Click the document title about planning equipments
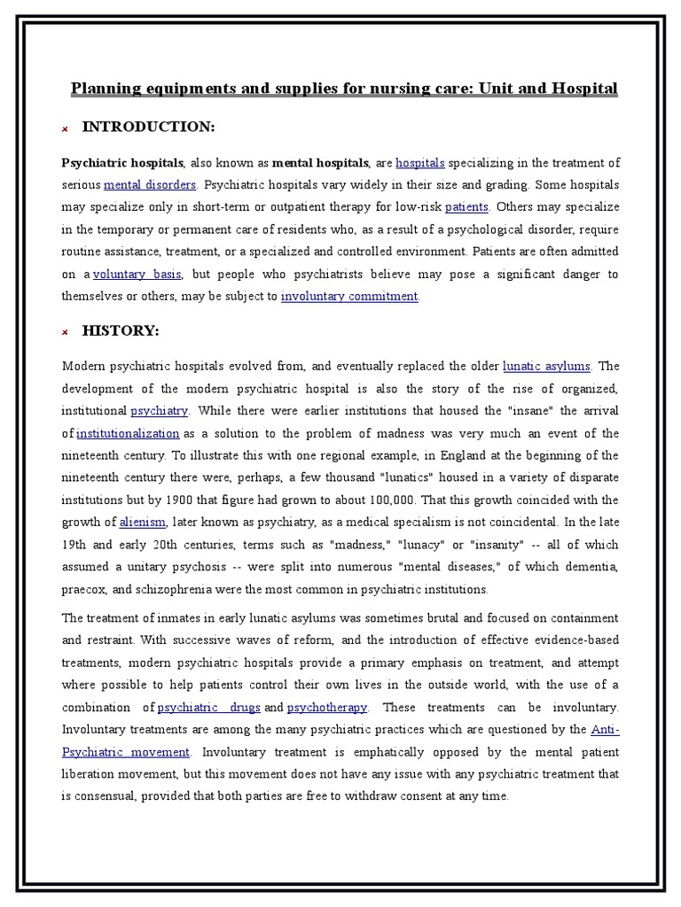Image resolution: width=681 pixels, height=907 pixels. (344, 89)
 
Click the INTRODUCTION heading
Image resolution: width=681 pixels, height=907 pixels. (148, 128)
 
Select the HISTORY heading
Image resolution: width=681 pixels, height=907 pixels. (121, 330)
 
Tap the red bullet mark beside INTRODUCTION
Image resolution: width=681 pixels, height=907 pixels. (65, 129)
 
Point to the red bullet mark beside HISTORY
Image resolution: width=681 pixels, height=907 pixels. (65, 332)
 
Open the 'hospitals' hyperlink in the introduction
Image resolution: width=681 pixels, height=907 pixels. (420, 163)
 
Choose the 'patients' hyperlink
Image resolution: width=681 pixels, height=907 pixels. (466, 207)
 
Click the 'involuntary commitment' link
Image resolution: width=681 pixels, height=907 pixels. (348, 297)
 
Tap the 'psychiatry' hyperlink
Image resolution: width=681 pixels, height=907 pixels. (160, 411)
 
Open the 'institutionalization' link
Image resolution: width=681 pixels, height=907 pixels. (128, 433)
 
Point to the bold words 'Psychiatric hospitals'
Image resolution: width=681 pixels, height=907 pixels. (122, 163)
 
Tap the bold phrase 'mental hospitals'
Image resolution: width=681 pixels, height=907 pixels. (320, 163)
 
